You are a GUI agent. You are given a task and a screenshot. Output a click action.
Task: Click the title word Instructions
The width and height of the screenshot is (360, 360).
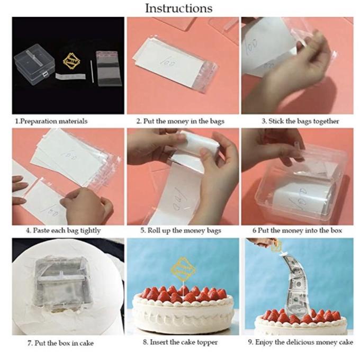(x=178, y=8)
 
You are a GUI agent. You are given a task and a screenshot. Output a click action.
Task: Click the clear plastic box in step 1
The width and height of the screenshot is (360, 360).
(x=34, y=64)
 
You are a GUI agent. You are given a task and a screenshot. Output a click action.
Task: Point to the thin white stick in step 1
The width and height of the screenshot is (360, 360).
(x=92, y=71)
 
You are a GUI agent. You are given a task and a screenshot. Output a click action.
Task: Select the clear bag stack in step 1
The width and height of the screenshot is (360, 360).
(x=109, y=68)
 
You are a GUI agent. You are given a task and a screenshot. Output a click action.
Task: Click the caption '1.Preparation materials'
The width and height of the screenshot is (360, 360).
(x=51, y=121)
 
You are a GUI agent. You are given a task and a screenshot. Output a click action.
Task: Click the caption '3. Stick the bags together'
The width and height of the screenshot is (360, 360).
(x=300, y=121)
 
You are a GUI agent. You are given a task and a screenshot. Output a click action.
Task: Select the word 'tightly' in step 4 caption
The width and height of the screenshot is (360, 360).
(x=90, y=230)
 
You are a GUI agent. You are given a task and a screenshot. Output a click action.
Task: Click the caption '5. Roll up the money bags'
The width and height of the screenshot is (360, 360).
(x=181, y=230)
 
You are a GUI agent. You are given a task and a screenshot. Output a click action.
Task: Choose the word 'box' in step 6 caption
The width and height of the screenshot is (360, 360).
(x=336, y=230)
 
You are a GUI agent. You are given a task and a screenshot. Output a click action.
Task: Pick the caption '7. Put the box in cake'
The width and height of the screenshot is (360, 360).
(x=60, y=343)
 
